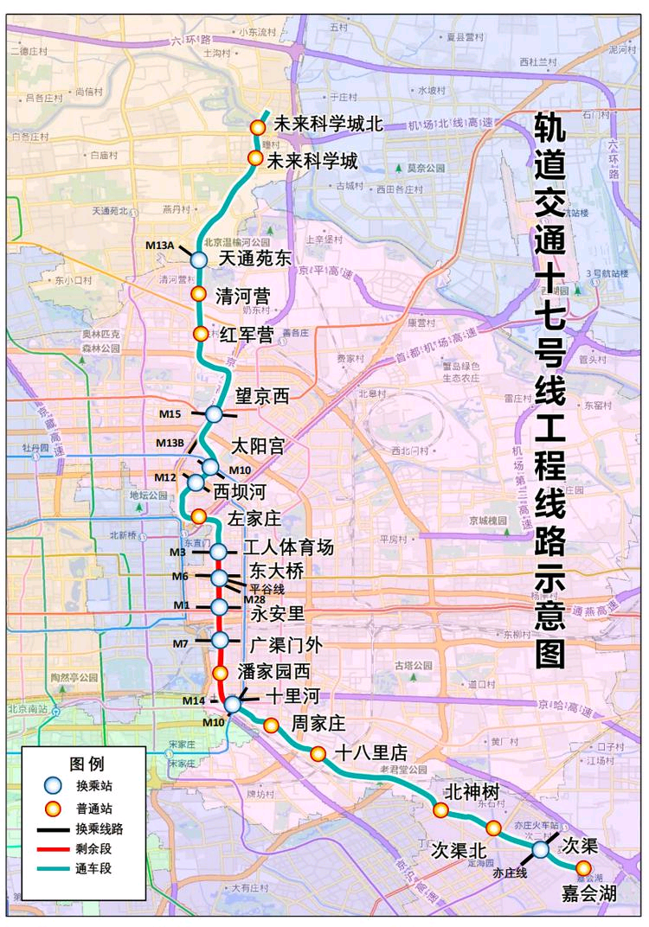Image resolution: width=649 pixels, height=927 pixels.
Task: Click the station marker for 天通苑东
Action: [x=198, y=259]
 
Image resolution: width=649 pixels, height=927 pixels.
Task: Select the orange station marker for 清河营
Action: [x=197, y=294]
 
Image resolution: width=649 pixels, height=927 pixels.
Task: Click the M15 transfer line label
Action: [x=170, y=414]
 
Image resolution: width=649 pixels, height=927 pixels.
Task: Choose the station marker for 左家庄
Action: [x=198, y=516]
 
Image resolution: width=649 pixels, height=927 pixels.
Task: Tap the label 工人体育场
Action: [x=288, y=548]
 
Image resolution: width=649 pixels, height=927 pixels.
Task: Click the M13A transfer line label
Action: [x=160, y=246]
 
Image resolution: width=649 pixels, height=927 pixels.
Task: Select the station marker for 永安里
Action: [x=220, y=607]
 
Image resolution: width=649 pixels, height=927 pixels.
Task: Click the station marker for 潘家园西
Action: [x=220, y=672]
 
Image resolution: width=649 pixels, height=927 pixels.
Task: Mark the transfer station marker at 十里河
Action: [x=233, y=705]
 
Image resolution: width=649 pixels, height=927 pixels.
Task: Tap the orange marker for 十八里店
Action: [x=318, y=754]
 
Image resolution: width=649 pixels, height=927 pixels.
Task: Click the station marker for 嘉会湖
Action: [x=584, y=867]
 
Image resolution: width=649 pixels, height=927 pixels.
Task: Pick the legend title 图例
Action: [x=87, y=764]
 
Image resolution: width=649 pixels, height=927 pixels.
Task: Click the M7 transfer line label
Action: [x=179, y=643]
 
